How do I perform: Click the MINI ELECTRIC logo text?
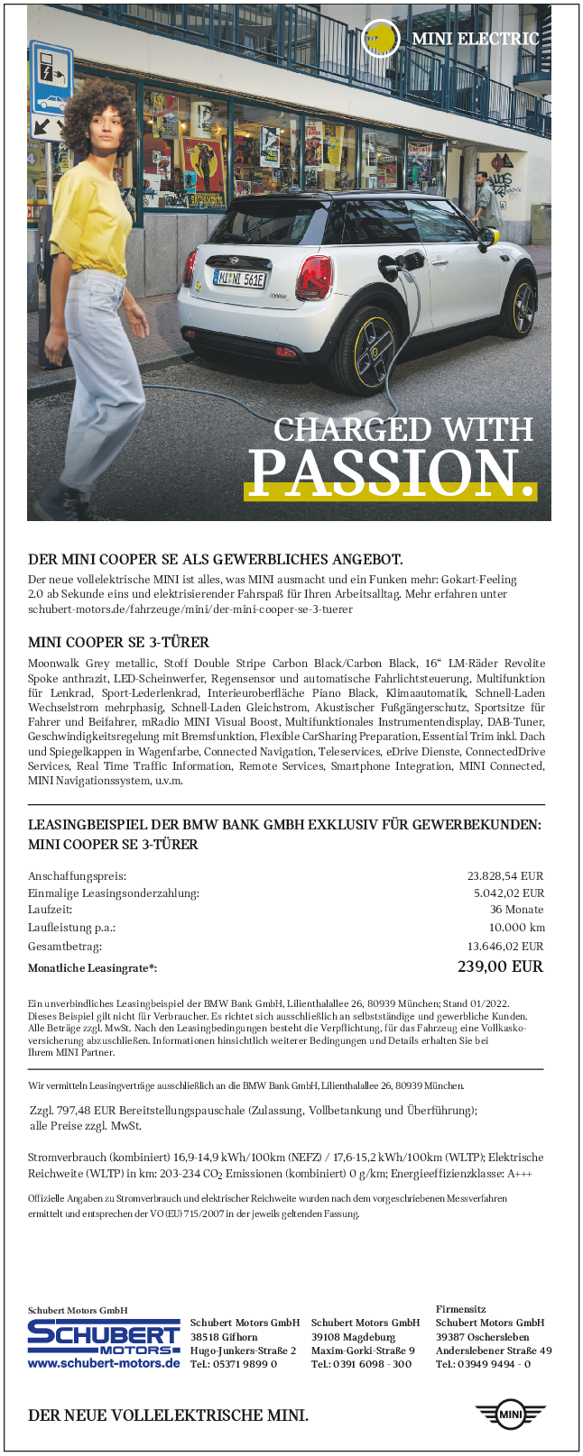pos(475,39)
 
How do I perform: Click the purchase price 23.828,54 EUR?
pos(505,875)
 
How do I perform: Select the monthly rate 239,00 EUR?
pos(500,966)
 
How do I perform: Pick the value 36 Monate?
pos(516,910)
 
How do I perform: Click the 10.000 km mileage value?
pos(516,928)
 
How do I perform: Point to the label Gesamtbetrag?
pos(65,947)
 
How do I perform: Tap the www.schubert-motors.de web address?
pos(104,1364)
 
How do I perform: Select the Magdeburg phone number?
pos(361,1365)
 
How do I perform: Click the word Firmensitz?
pos(461,1309)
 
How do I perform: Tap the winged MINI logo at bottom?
pos(511,1415)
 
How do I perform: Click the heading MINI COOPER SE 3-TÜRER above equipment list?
pos(118,643)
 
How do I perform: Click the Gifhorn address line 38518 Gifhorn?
pos(224,1337)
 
